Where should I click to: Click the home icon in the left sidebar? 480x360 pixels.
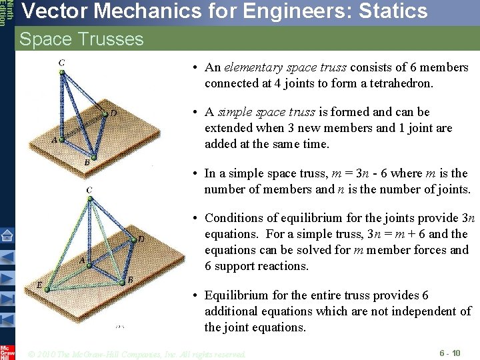click(7, 235)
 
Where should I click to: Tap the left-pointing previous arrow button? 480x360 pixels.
click(7, 257)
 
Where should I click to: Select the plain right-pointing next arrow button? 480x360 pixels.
click(7, 278)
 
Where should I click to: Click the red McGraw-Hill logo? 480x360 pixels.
click(7, 352)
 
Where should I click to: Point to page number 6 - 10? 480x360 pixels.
click(449, 353)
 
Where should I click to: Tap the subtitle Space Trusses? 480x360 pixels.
click(81, 39)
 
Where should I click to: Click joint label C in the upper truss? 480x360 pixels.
click(61, 63)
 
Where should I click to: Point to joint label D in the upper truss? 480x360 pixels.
click(113, 113)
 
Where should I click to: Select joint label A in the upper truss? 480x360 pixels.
click(54, 139)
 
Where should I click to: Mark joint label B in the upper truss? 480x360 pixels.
click(87, 162)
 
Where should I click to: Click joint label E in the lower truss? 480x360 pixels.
click(39, 285)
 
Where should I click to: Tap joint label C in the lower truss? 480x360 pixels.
click(89, 190)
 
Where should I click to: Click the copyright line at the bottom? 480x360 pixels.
click(137, 353)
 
